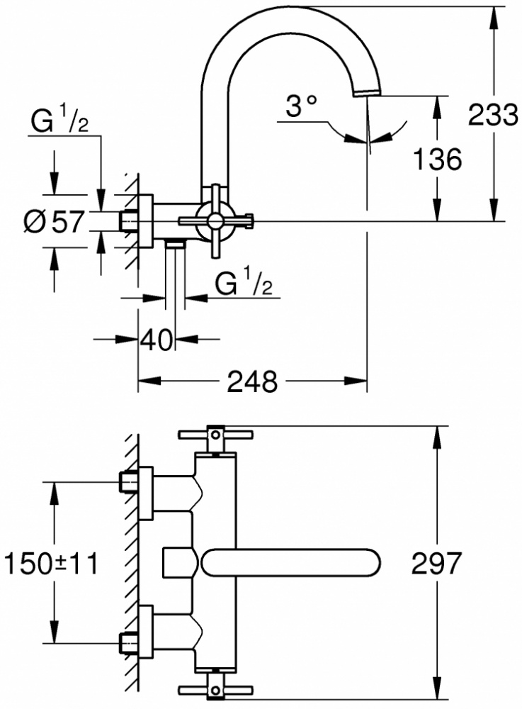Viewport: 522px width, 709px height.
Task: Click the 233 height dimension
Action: coord(492,114)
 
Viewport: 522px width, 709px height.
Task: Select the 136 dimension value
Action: coord(438,159)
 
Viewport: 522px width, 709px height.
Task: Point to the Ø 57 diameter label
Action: coord(55,222)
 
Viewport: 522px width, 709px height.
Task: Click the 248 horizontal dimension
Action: coord(252,381)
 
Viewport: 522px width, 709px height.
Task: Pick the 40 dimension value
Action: coord(157,340)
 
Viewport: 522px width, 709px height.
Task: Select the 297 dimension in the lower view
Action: coord(436,563)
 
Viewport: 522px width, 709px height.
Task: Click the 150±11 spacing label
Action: coord(50,564)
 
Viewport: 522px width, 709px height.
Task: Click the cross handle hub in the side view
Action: coord(215,220)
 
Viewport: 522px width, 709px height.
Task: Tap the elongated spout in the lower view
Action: coord(291,562)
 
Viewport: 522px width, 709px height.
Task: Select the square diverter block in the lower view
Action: coord(178,562)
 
